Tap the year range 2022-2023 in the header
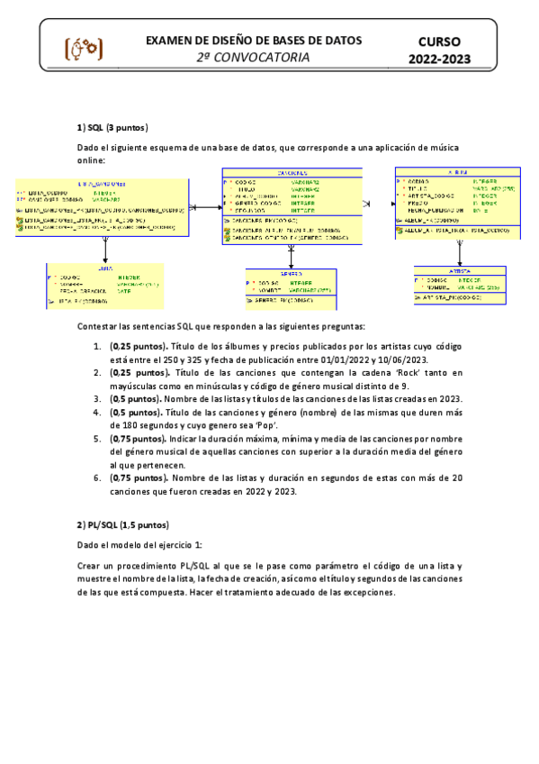click(440, 59)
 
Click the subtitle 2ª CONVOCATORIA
click(254, 58)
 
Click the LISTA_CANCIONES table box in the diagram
click(101, 206)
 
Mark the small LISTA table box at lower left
click(105, 286)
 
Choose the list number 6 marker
click(97, 477)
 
